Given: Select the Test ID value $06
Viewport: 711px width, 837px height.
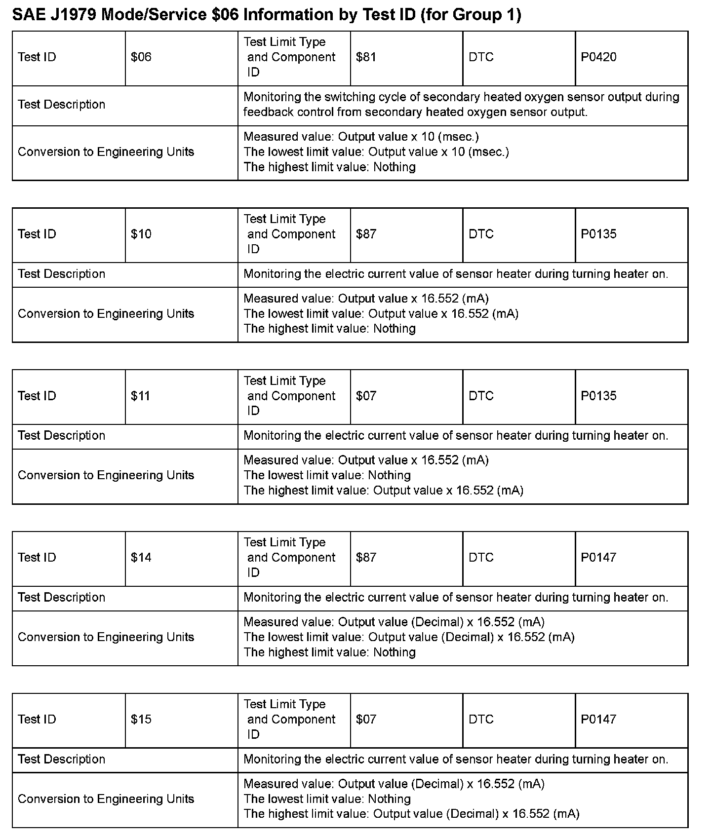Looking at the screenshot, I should click(141, 57).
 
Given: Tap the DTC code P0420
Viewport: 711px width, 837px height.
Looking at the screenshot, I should click(598, 57).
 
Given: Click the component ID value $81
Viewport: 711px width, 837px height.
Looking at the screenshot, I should click(366, 57).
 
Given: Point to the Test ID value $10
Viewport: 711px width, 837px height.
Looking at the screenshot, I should click(141, 234).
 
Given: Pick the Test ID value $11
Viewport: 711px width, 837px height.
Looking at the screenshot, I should click(140, 396).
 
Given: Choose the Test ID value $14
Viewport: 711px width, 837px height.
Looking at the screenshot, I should click(141, 558).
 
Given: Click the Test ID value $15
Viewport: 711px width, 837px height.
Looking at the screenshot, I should click(141, 720).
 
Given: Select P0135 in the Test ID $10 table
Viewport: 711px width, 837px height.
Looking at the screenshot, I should click(598, 234).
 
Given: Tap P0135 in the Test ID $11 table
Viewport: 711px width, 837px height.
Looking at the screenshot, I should click(598, 396).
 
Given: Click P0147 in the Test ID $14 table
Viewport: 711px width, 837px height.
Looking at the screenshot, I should click(598, 558).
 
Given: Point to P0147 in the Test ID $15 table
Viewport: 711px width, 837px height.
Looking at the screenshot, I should click(598, 720).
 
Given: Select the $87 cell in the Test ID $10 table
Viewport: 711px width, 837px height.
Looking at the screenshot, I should click(366, 234).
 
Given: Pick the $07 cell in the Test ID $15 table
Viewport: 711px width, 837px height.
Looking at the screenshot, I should click(366, 720).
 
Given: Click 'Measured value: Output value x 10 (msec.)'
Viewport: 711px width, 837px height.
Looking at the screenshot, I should click(361, 137).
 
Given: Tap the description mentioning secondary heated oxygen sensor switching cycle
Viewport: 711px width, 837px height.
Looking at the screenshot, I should click(461, 105).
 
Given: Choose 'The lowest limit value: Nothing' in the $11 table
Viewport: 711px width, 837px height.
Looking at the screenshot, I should click(327, 475).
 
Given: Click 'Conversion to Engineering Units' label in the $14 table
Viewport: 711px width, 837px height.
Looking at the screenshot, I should click(106, 637).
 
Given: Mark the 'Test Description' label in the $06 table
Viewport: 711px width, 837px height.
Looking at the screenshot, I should click(61, 105).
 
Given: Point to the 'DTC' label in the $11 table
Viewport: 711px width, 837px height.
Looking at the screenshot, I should click(481, 396).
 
